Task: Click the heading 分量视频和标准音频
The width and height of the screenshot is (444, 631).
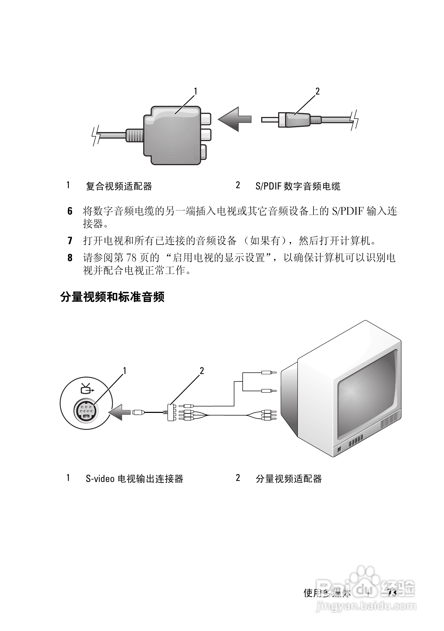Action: [112, 297]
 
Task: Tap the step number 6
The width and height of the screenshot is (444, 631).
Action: [70, 211]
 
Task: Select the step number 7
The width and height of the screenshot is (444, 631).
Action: [70, 241]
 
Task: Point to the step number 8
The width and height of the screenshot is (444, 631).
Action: [70, 258]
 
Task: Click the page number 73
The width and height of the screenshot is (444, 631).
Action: [392, 593]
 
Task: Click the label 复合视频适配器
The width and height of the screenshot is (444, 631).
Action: [119, 186]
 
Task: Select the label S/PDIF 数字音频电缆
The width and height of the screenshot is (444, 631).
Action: [298, 186]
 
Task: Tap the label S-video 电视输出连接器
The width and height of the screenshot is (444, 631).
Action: [134, 479]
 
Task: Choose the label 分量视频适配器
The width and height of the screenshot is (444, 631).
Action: [288, 479]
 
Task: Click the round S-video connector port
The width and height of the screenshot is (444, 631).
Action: [86, 410]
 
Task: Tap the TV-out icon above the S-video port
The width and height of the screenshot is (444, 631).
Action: [86, 389]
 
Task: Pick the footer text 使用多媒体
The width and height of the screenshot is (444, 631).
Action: [327, 593]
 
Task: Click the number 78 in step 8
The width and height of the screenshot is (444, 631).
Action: [131, 258]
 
